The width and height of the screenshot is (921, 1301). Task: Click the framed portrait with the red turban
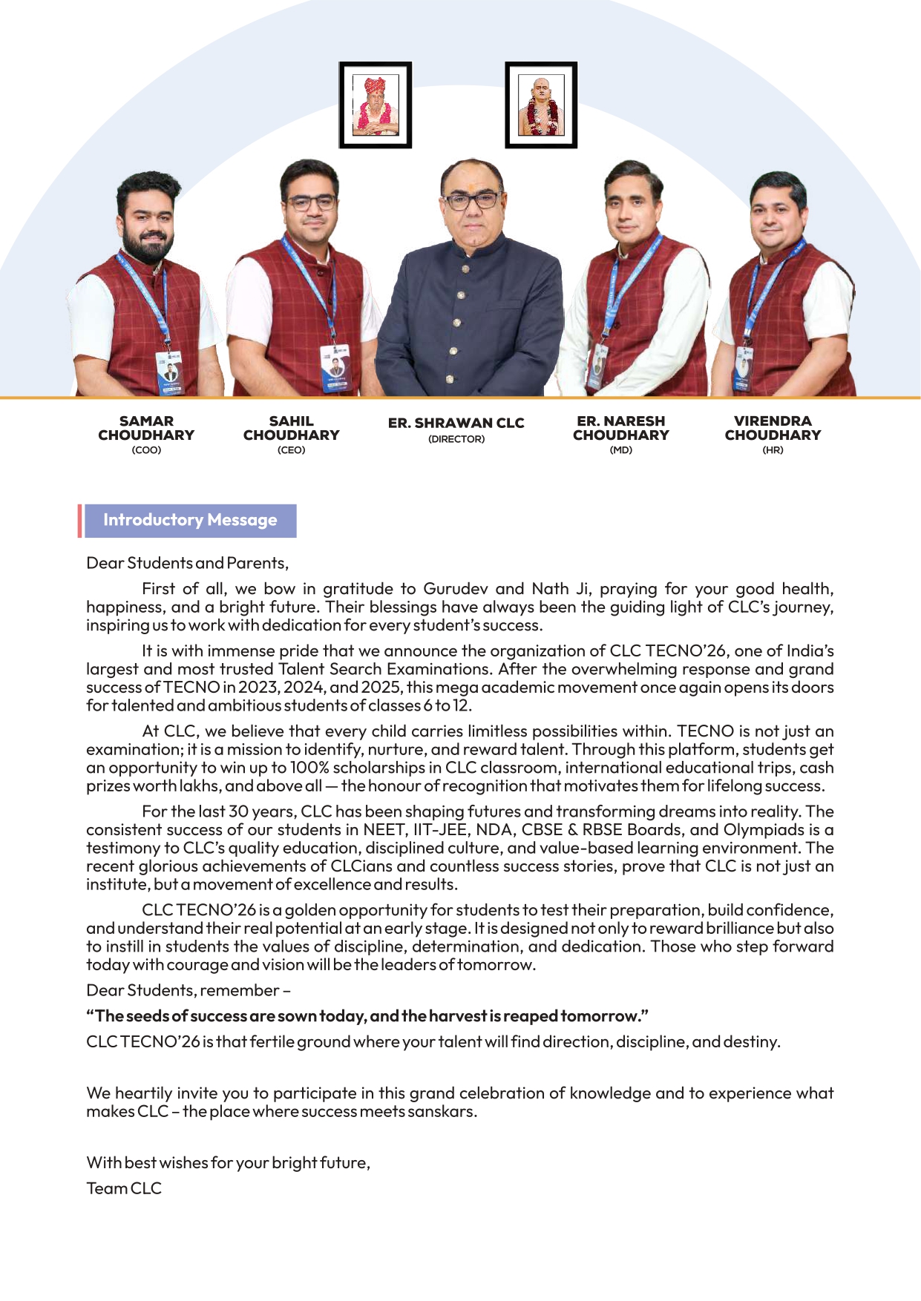point(375,105)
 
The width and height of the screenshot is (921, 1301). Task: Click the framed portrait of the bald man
point(541,105)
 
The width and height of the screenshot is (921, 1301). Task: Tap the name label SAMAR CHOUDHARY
point(146,428)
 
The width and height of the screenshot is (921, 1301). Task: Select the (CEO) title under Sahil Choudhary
point(291,450)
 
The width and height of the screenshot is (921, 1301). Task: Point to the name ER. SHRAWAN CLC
point(456,423)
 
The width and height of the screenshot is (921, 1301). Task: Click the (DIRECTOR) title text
point(456,439)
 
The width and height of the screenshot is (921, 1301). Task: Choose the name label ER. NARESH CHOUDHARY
point(620,428)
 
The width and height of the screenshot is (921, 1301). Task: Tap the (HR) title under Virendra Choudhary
point(773,450)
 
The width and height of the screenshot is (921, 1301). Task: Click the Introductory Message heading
point(190,520)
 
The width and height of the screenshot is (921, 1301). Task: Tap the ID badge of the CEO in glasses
point(335,368)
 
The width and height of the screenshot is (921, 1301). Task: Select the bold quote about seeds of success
point(367,1015)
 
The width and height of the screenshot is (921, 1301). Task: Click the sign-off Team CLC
point(124,1188)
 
